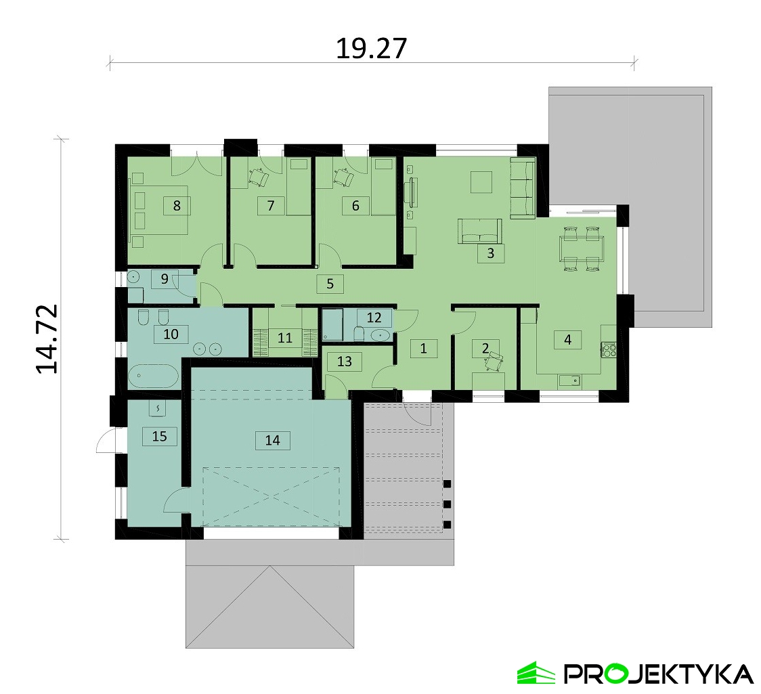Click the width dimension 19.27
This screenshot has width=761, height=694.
pyautogui.click(x=371, y=49)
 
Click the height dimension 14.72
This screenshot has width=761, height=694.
pyautogui.click(x=47, y=339)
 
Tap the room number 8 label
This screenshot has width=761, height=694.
pyautogui.click(x=177, y=206)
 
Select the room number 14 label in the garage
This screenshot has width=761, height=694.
pyautogui.click(x=273, y=440)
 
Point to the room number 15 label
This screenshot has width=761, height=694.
pyautogui.click(x=159, y=436)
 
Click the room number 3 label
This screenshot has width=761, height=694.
pyautogui.click(x=490, y=253)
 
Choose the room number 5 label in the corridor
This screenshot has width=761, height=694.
pyautogui.click(x=330, y=284)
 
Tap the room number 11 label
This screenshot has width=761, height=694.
pyautogui.click(x=285, y=337)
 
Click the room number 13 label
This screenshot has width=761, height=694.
pyautogui.click(x=344, y=362)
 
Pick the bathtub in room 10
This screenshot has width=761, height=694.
pyautogui.click(x=154, y=376)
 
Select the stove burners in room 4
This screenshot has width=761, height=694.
pyautogui.click(x=609, y=350)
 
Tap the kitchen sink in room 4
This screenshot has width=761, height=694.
pyautogui.click(x=570, y=381)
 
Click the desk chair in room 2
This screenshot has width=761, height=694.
pyautogui.click(x=493, y=362)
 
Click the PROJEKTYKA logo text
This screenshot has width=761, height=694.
pyautogui.click(x=658, y=674)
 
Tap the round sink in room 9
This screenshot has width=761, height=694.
pyautogui.click(x=133, y=278)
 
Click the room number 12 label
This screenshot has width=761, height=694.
pyautogui.click(x=374, y=318)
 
